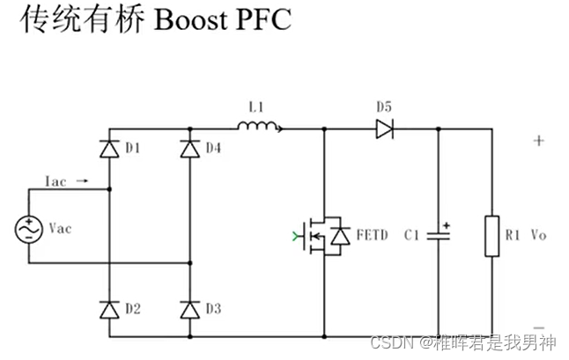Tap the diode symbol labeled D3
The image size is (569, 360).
point(189,309)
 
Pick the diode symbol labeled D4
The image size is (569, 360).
point(189,149)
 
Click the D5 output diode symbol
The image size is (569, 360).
point(384,129)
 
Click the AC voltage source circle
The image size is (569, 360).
point(28,229)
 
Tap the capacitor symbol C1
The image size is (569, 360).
point(439,236)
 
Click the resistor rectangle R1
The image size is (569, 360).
point(492,236)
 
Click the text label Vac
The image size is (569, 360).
point(60,229)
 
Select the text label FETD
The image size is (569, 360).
point(371,236)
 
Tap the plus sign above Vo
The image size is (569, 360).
point(538,141)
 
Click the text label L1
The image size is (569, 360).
point(257,107)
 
